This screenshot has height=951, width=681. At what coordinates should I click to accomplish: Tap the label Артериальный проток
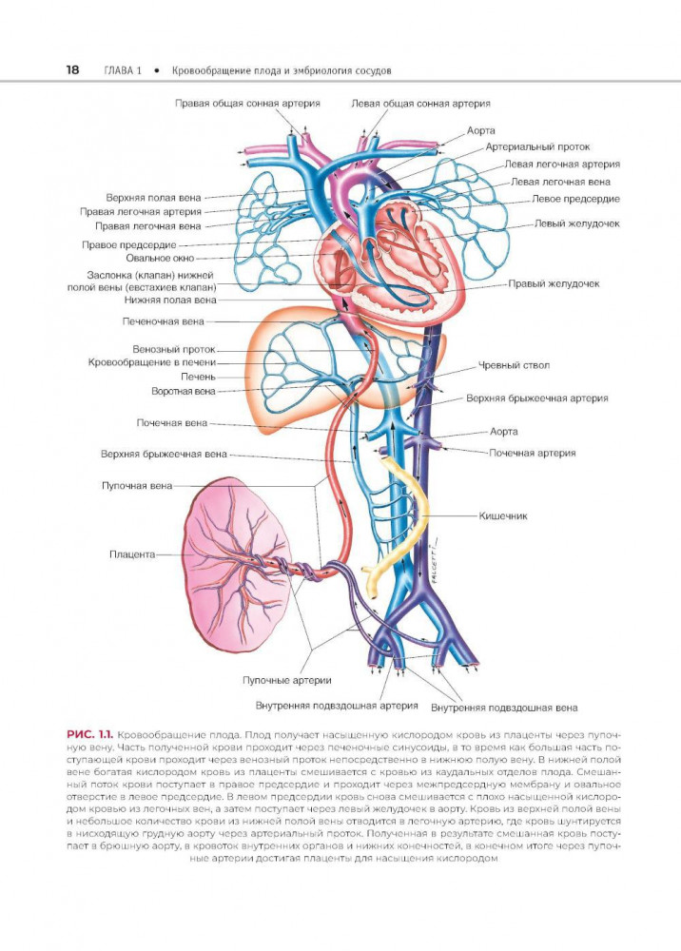coord(537,147)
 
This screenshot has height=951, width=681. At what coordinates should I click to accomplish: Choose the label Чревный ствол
coord(515,364)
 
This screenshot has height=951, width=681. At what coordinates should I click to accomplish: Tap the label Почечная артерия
coord(532,454)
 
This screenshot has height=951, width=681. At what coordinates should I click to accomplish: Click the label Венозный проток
coord(175,349)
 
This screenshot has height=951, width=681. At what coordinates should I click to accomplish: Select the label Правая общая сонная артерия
coord(246,103)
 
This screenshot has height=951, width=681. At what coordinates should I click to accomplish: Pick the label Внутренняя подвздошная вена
coord(503,708)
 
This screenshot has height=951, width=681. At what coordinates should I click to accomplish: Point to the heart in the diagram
coord(380,262)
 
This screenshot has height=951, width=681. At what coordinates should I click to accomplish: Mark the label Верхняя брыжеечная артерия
coord(536,398)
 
